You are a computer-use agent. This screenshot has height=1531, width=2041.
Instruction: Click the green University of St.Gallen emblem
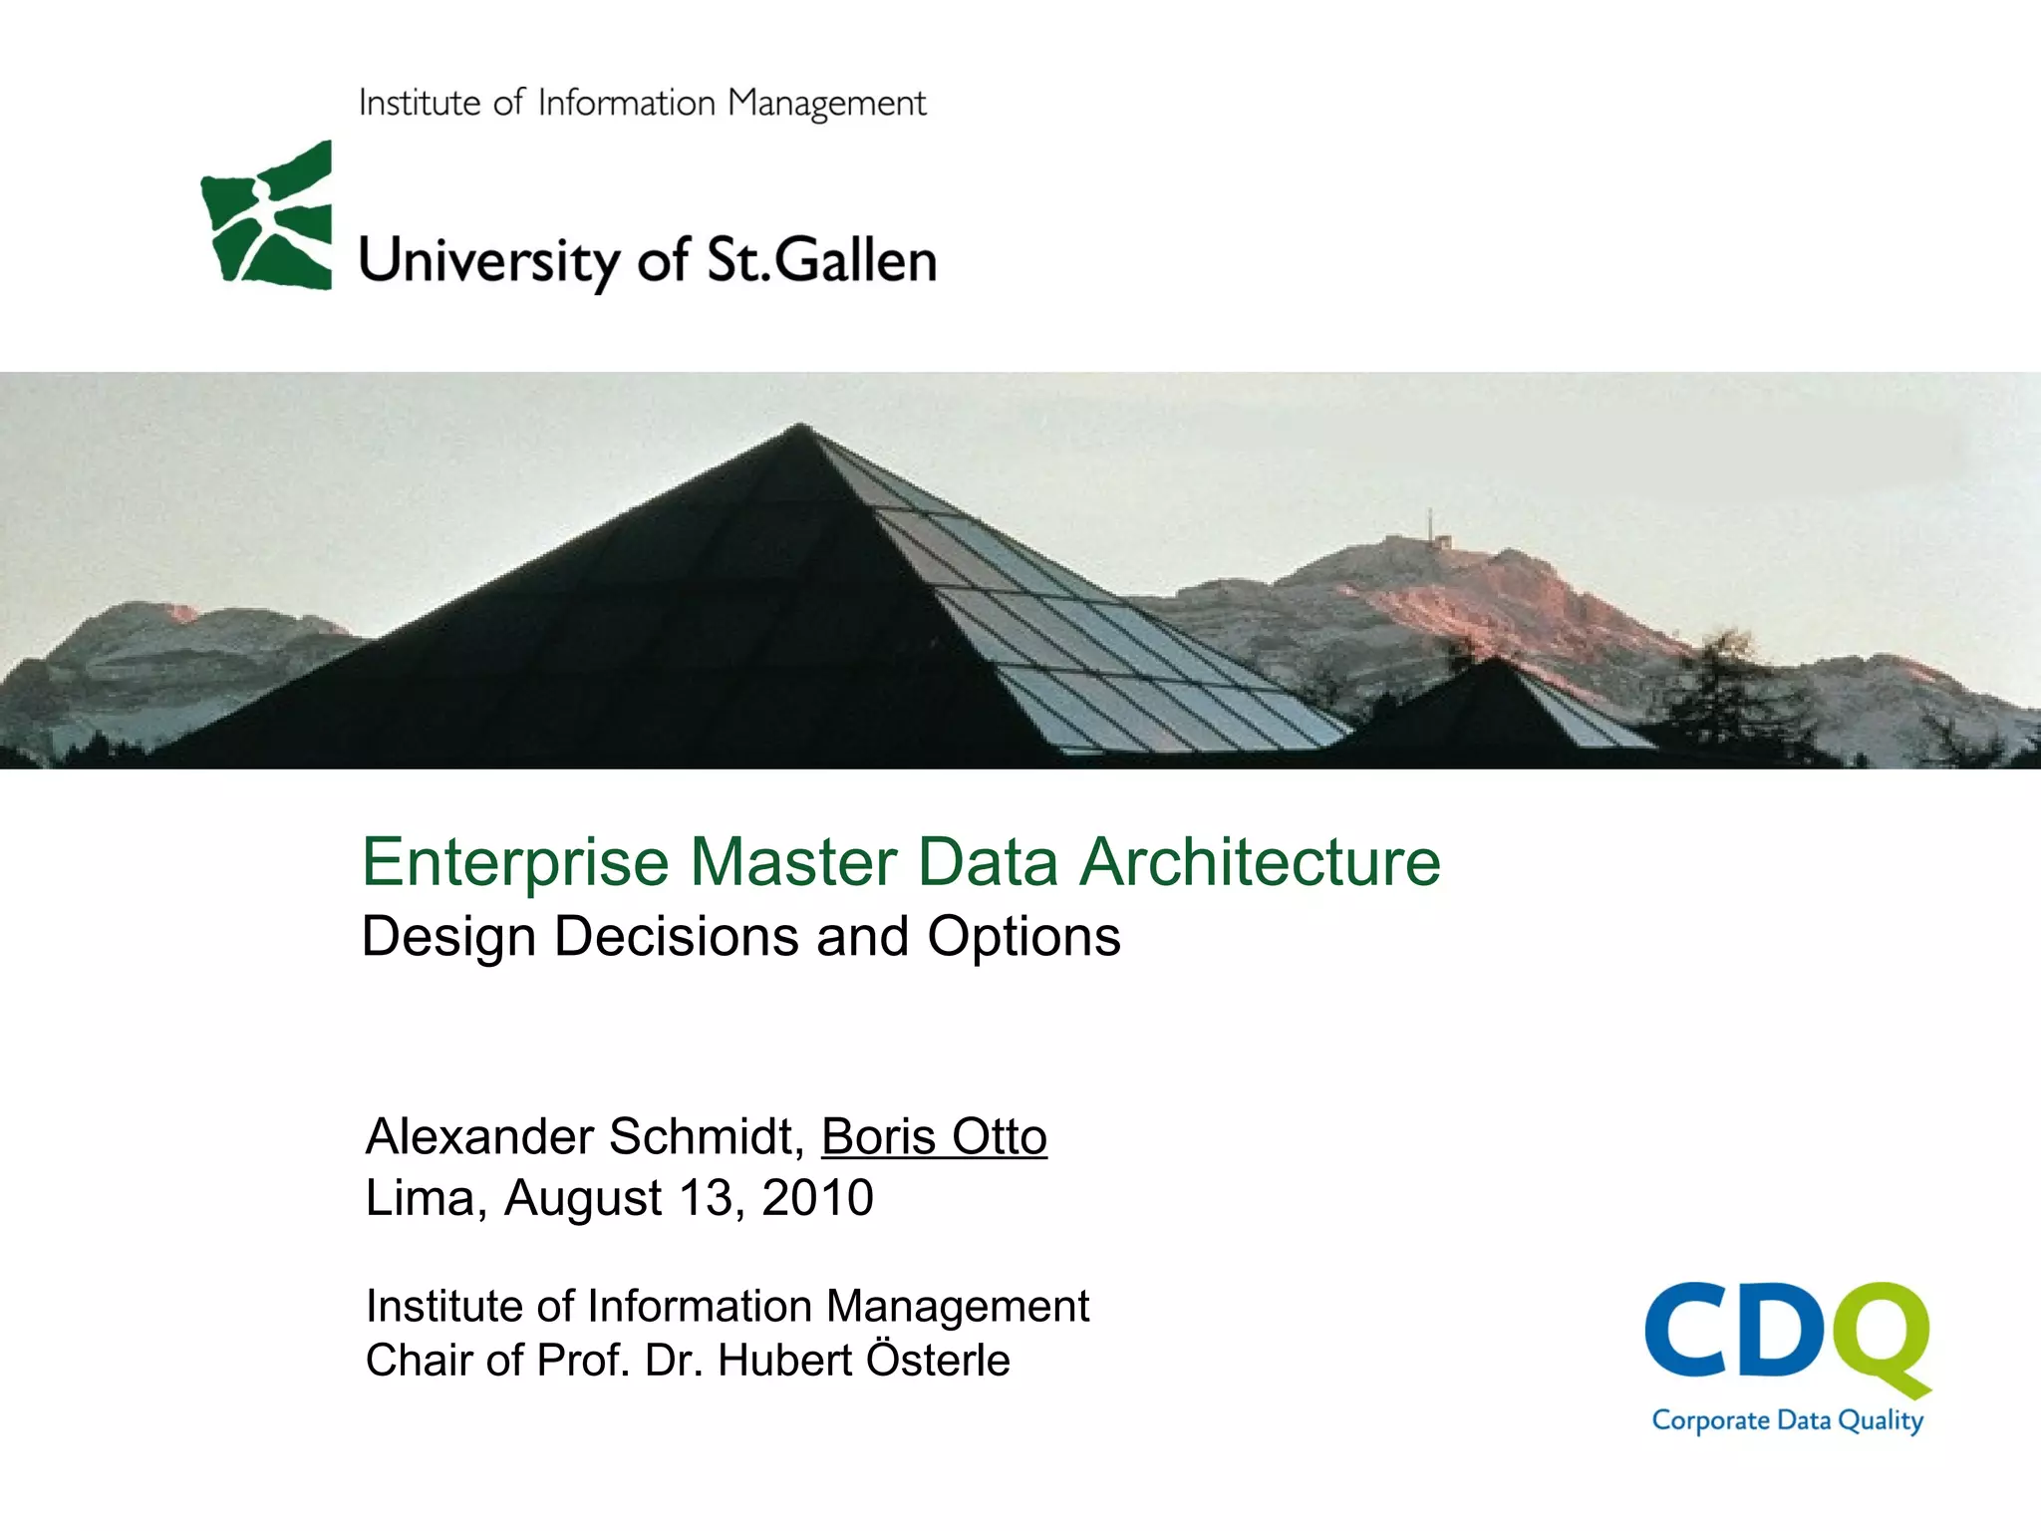pos(267,216)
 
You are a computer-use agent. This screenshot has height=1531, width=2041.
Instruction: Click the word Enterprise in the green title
pos(514,862)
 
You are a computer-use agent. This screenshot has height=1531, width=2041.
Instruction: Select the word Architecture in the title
pos(1261,862)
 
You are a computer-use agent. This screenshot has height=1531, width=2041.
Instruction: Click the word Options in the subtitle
pos(1023,937)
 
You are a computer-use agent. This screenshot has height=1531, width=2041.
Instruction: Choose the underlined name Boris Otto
pos(934,1137)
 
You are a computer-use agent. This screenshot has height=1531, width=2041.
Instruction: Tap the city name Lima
pos(419,1198)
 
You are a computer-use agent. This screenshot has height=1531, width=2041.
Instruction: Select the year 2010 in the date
pos(817,1198)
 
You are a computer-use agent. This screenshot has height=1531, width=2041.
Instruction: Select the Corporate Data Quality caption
pos(1787,1420)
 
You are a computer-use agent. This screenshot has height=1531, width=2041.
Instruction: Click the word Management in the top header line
pos(826,104)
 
